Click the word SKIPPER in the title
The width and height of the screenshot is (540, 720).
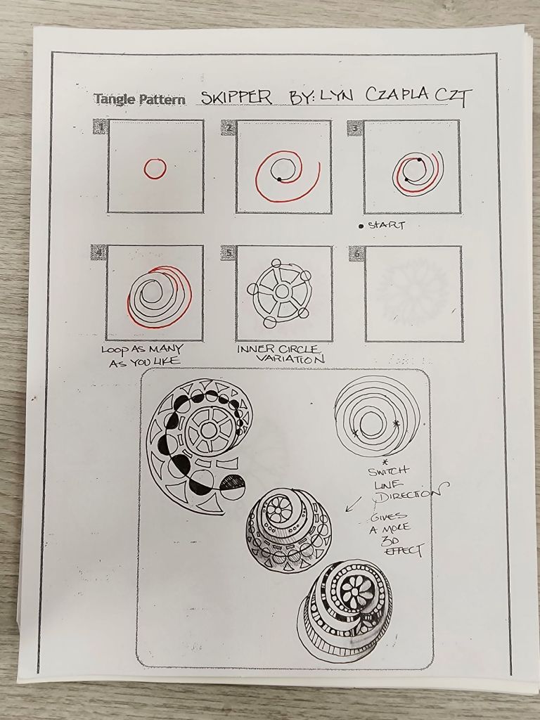[x=236, y=97]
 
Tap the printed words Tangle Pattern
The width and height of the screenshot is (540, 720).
[x=140, y=99]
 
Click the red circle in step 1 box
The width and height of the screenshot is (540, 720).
[x=155, y=169]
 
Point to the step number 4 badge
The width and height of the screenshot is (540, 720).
[x=99, y=252]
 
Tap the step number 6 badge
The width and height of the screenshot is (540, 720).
[x=356, y=253]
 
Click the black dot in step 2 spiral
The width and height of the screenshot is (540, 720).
[x=278, y=179]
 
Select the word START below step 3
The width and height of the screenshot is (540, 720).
[x=386, y=225]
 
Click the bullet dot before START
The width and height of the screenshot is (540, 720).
[x=361, y=226]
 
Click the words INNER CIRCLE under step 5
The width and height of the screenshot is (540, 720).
[x=277, y=349]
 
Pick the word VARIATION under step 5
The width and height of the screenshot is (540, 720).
[x=290, y=359]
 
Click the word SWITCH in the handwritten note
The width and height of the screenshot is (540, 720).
[x=388, y=471]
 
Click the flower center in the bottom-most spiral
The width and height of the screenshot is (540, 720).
[x=354, y=590]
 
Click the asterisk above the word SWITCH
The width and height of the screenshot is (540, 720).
[x=385, y=461]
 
